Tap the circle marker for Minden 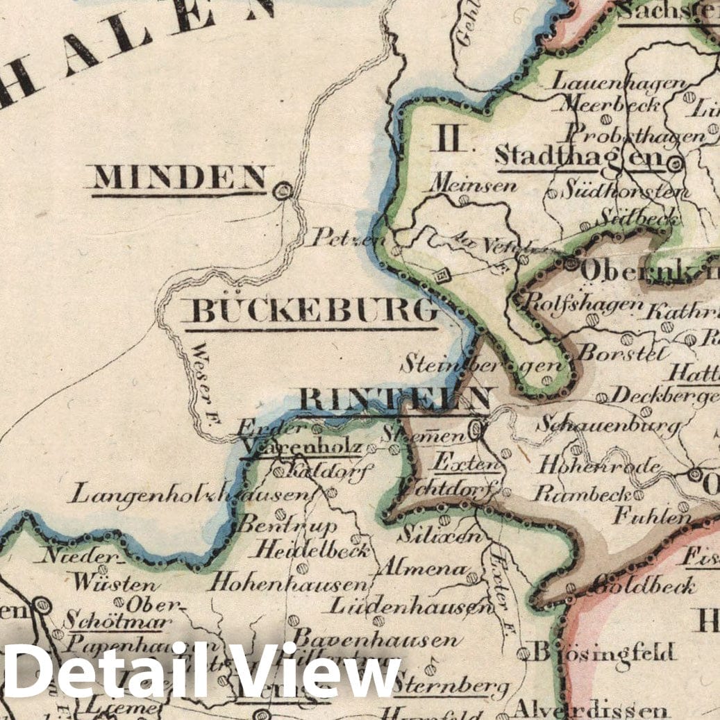click(283, 190)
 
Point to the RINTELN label click(395, 399)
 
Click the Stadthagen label click(579, 156)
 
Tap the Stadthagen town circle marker click(674, 165)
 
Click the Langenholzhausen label click(190, 495)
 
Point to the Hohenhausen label click(287, 583)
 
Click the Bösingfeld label click(603, 653)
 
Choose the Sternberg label click(451, 687)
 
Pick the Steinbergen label click(483, 363)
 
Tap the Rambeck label click(581, 493)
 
